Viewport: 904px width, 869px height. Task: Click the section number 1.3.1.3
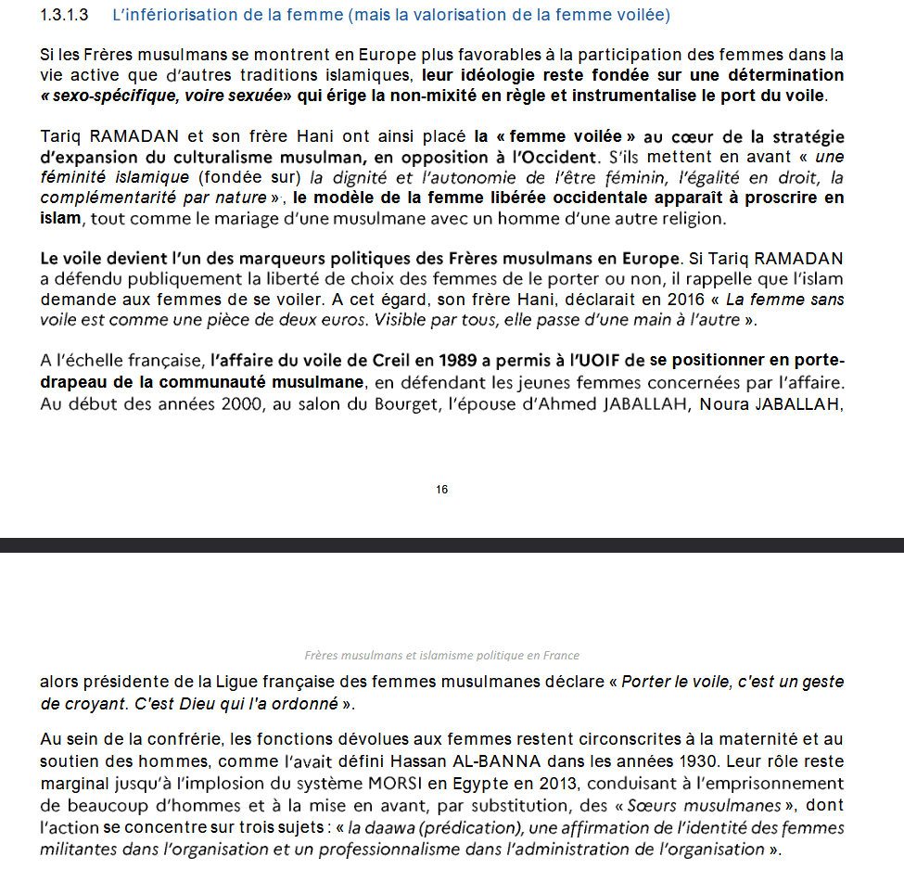click(64, 16)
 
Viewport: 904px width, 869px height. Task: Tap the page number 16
click(442, 489)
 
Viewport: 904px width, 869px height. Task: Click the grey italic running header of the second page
click(442, 655)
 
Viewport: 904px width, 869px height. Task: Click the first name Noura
click(727, 403)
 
